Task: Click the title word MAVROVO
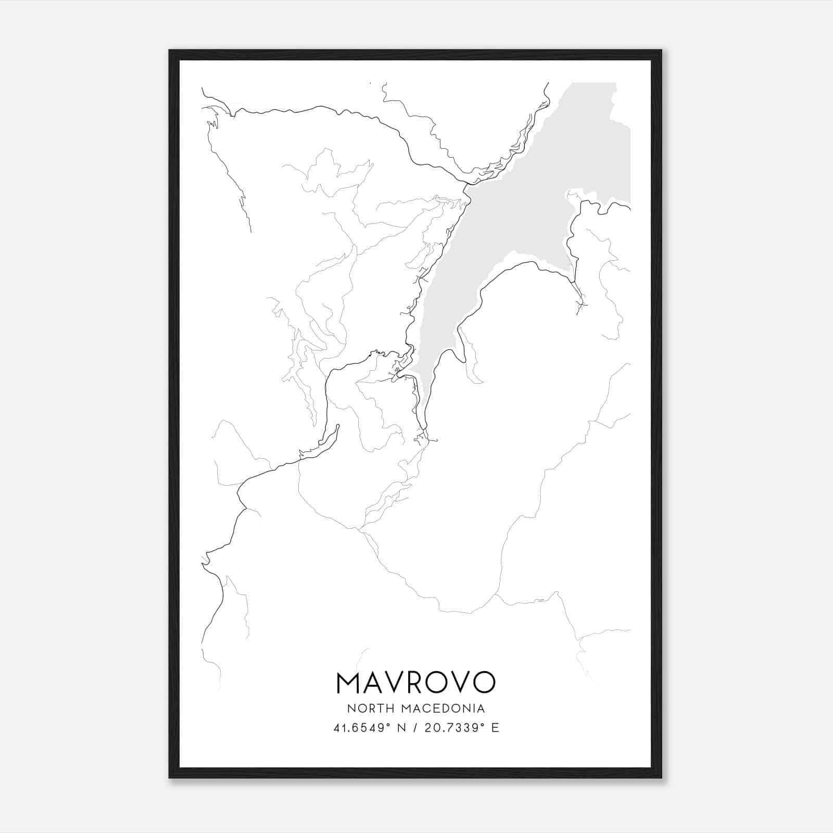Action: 416,682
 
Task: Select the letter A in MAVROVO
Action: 373,682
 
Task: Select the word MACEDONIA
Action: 446,709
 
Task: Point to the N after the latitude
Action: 401,728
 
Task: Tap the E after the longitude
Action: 495,728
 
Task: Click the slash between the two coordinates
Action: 415,728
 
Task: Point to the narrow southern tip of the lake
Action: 426,401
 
